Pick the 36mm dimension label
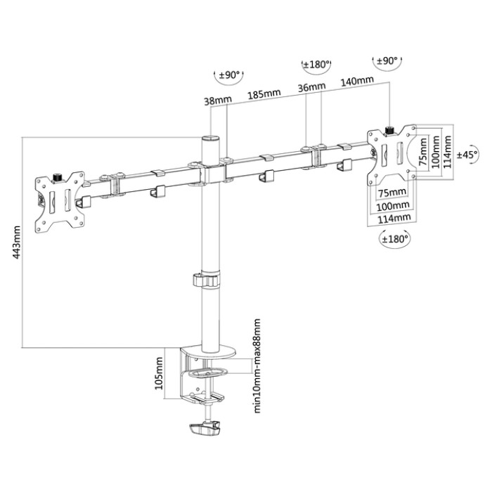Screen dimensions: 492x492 (x=311, y=88)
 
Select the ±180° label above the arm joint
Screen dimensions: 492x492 (x=316, y=65)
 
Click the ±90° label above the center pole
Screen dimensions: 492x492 (x=228, y=75)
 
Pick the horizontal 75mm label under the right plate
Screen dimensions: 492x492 (x=391, y=193)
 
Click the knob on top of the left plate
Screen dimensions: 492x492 (x=58, y=174)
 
